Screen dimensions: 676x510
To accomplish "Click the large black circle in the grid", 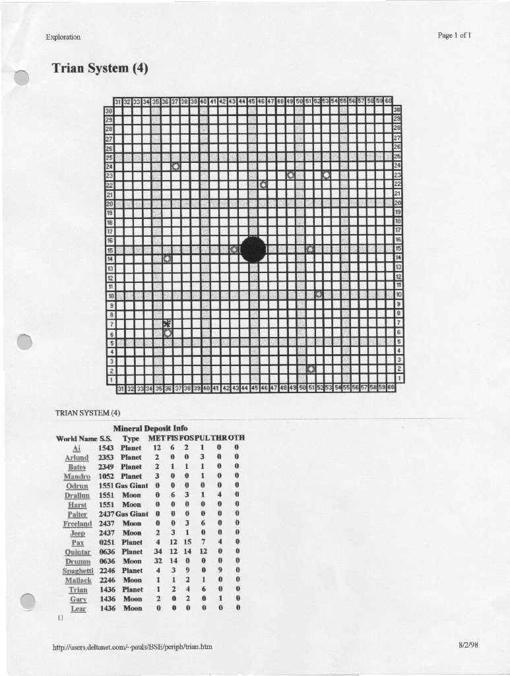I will [x=253, y=250].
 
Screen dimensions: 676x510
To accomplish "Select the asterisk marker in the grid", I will [x=167, y=323].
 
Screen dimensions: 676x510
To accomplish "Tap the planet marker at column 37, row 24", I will [x=176, y=166].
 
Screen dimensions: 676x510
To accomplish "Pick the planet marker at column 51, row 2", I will [x=311, y=369].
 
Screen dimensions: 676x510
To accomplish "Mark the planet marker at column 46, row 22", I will [x=263, y=185].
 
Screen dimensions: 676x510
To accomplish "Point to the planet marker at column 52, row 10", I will [x=319, y=294].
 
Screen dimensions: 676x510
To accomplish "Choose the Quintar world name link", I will [x=78, y=551].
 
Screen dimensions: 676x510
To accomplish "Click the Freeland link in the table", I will [x=77, y=523].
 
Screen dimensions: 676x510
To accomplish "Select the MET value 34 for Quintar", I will [x=158, y=551].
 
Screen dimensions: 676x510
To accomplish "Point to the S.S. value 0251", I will [x=106, y=542].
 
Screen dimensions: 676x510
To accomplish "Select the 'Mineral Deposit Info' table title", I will [x=150, y=428].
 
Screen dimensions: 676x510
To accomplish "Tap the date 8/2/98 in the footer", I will [x=468, y=645].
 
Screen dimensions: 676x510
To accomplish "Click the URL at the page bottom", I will [x=132, y=646].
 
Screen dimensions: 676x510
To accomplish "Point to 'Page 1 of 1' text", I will [x=454, y=36].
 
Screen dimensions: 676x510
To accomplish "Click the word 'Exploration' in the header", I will [x=63, y=37].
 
